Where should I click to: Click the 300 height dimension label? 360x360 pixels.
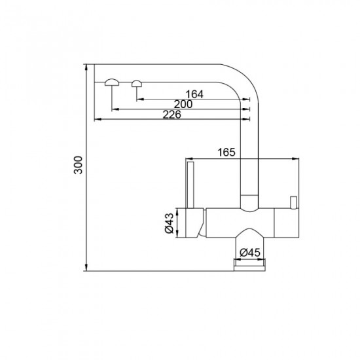click(78, 168)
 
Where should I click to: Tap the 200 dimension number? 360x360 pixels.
click(183, 104)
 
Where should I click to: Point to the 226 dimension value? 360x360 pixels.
click(171, 115)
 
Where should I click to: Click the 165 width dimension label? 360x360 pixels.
click(225, 153)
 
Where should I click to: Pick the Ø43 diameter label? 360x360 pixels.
click(169, 223)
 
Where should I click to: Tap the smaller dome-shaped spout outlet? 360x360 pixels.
click(137, 82)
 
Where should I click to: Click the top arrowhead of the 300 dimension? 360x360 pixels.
click(86, 67)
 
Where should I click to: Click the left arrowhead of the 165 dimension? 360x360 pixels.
click(188, 158)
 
